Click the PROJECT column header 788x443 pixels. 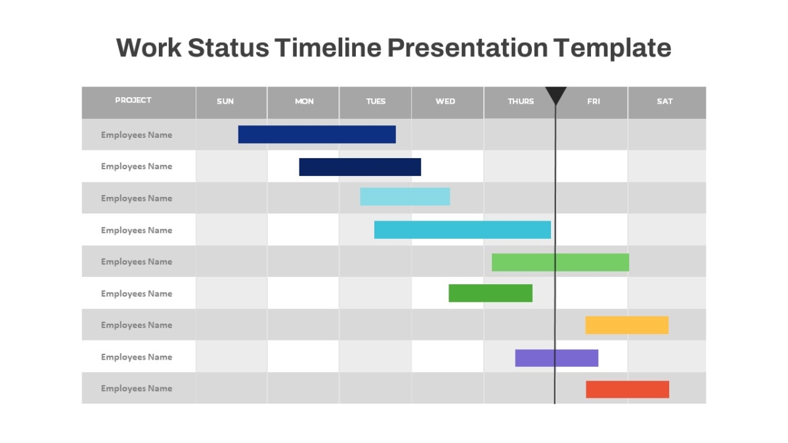click(x=133, y=100)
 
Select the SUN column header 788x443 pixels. click(x=225, y=101)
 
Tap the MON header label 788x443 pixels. click(x=304, y=101)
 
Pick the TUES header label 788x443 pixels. click(x=376, y=101)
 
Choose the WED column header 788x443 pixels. click(x=445, y=101)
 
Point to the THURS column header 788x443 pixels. click(x=521, y=101)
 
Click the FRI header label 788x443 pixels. click(x=594, y=101)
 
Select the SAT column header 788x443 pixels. click(x=665, y=101)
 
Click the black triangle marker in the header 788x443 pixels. click(x=556, y=94)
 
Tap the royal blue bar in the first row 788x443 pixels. click(x=317, y=135)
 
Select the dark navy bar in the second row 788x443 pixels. click(x=360, y=167)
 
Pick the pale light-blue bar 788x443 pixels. click(x=405, y=196)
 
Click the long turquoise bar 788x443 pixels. click(x=462, y=230)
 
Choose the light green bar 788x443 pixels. click(x=560, y=263)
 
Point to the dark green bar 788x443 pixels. click(x=491, y=293)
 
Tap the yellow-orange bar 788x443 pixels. click(x=627, y=326)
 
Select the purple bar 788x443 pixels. click(x=557, y=358)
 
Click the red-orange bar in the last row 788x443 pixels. click(x=628, y=390)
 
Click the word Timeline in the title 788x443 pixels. click(x=328, y=48)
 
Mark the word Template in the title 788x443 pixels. click(x=612, y=49)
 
